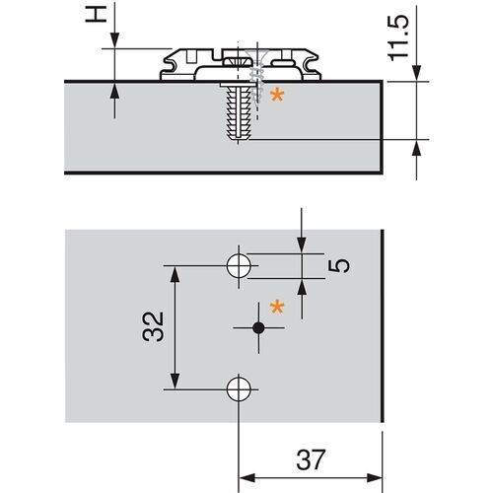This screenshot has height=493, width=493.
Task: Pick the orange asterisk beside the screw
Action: (277, 97)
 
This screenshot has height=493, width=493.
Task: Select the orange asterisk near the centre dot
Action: (277, 309)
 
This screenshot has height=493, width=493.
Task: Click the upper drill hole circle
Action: (238, 264)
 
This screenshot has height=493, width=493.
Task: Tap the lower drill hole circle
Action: (238, 388)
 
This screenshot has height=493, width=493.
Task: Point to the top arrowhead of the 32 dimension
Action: (176, 272)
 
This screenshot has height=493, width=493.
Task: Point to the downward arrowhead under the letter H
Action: (116, 40)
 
